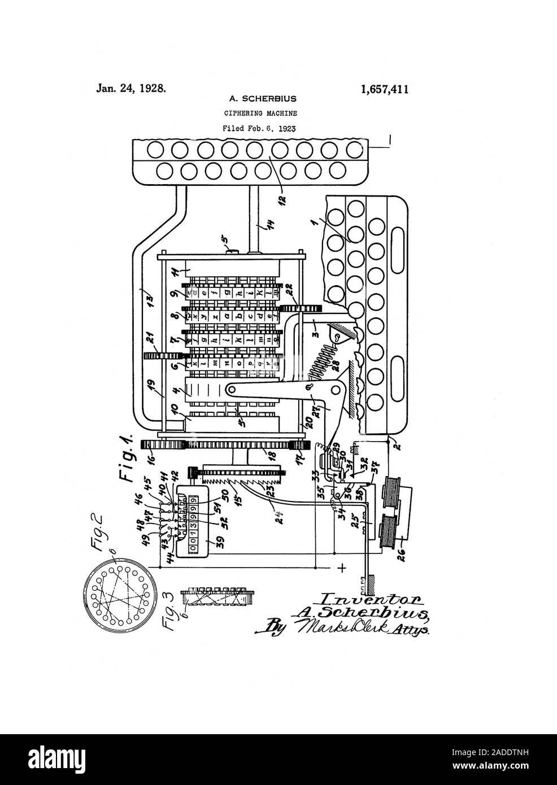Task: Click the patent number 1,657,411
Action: pos(384,89)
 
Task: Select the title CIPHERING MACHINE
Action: pos(257,113)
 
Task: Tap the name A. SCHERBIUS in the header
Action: pos(257,99)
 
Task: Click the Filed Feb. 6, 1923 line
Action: pos(257,128)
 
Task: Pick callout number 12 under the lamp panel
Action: pos(282,198)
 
